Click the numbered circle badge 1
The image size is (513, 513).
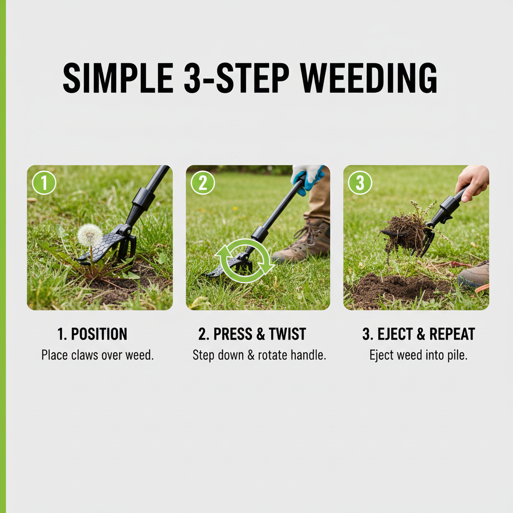44,183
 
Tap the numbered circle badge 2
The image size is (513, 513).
203,183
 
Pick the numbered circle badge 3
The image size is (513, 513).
360,183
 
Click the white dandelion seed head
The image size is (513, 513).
90,234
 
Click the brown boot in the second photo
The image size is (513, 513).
304,242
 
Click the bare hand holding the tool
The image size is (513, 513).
472,181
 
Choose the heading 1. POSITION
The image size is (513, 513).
93,334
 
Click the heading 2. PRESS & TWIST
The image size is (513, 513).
252,334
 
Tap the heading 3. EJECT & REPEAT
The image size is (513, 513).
418,334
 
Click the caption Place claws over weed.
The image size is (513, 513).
97,355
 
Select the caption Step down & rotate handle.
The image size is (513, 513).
259,355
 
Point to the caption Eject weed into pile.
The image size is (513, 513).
418,355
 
